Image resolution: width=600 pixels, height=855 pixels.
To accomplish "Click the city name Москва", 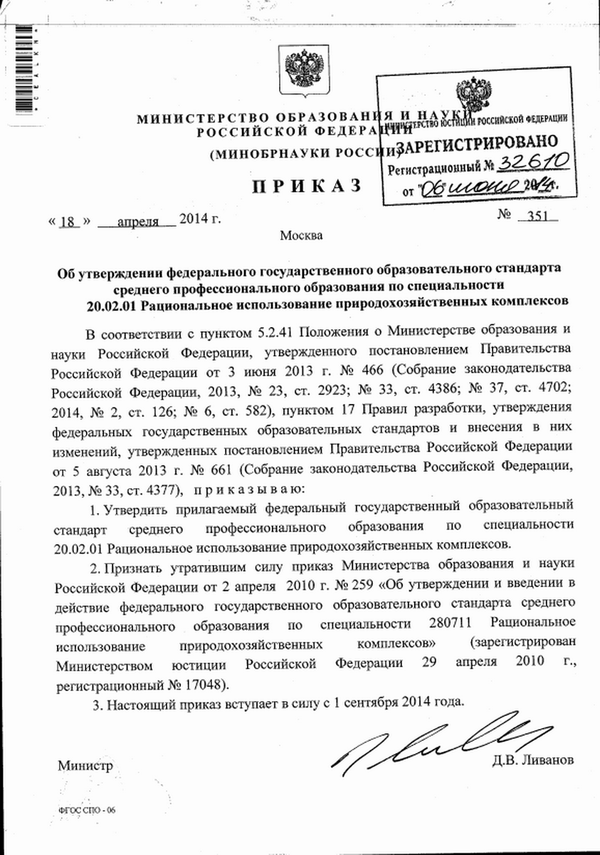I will [300, 236].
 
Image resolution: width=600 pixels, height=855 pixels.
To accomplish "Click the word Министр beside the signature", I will [85, 766].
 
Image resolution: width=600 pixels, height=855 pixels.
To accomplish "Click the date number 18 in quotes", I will [68, 219].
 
